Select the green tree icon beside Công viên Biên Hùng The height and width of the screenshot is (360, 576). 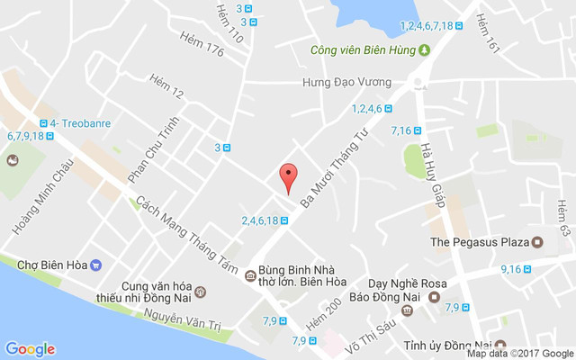(x=423, y=49)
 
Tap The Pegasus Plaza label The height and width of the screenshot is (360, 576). (x=478, y=241)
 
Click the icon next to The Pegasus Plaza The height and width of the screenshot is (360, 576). (x=537, y=241)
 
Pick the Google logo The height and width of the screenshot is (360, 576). (x=30, y=349)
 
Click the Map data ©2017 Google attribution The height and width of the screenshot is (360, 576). (x=519, y=354)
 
